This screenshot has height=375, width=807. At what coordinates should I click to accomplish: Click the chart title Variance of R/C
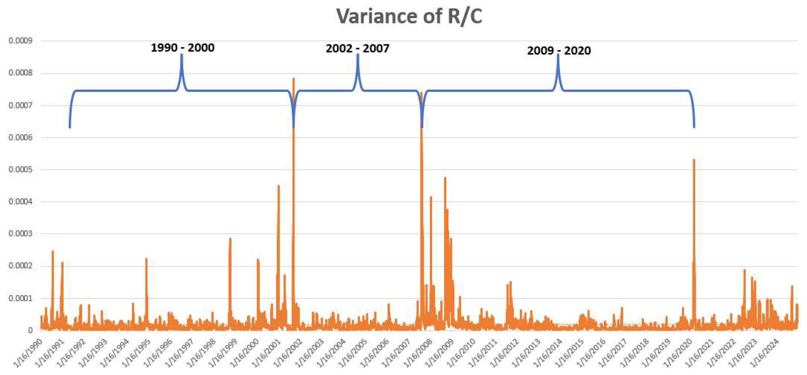click(409, 16)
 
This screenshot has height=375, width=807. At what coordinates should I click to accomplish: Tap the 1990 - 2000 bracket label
click(183, 48)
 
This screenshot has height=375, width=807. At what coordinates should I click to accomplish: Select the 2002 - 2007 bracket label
click(357, 49)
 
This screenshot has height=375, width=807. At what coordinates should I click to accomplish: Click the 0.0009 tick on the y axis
click(20, 41)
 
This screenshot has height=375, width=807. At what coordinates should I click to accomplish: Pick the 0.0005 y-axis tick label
click(20, 170)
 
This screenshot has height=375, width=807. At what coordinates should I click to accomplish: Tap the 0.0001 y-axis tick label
click(20, 298)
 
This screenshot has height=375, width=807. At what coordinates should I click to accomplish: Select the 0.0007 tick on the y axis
click(20, 105)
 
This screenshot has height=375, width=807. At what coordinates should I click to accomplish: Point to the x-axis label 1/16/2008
click(418, 353)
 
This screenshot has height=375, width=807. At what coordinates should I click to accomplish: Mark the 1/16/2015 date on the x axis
click(570, 353)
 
